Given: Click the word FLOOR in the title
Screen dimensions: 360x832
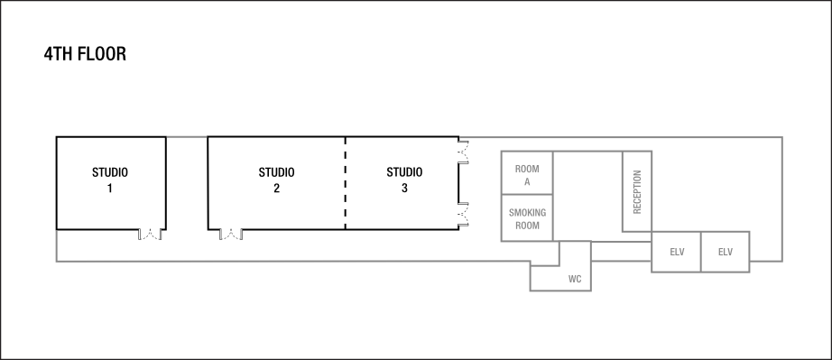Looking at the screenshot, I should pos(101,54).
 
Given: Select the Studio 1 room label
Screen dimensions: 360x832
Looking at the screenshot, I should pos(110,180).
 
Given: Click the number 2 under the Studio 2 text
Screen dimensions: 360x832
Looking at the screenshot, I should pos(276,189).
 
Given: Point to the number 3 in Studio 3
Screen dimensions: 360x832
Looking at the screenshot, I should pos(404,189).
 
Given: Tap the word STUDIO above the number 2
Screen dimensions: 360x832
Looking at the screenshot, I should pos(276,172).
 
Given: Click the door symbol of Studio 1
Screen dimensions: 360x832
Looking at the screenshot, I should pos(149,235).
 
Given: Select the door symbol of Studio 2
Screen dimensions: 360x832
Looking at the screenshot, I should pos(231,235).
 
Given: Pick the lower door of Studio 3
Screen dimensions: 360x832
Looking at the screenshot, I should pos(464,214).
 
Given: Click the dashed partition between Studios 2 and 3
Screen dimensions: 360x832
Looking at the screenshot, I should pos(346,183).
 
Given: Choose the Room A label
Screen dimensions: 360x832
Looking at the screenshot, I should pos(527,175).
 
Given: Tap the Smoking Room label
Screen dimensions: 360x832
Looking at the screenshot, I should pos(527,219).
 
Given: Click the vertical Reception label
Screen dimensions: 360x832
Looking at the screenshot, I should pos(637,191).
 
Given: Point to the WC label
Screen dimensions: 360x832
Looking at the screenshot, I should pos(575,280).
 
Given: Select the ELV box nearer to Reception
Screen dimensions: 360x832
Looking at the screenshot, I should pos(677,252).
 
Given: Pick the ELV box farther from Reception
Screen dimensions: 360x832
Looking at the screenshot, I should pos(726,252).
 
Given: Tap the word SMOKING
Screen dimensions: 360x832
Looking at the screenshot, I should pos(527,213).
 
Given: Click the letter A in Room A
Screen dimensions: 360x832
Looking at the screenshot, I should pos(527,181).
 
